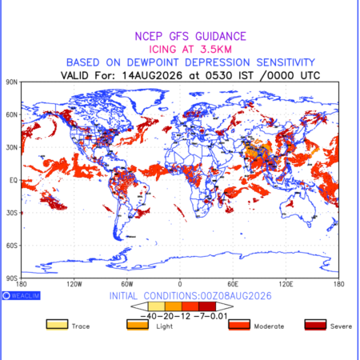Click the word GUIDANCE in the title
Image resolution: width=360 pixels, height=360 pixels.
[x=221, y=37]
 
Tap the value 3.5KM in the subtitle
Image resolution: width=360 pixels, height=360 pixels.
[x=216, y=50]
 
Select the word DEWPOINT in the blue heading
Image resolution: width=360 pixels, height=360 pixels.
[x=153, y=62]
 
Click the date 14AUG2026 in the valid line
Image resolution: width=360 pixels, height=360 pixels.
[x=152, y=75]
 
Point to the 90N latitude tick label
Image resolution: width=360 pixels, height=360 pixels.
[x=12, y=82]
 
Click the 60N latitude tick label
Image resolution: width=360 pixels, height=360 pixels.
[x=12, y=114]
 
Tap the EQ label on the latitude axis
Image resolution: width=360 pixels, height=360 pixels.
[x=14, y=180]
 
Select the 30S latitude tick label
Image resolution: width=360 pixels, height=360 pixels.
[x=12, y=213]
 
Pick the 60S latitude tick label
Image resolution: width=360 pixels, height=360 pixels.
[x=12, y=246]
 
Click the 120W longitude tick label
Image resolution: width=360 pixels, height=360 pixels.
[x=74, y=284]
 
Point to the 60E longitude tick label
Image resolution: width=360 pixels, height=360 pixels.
[x=233, y=284]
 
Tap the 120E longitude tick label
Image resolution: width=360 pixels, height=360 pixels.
[x=286, y=284]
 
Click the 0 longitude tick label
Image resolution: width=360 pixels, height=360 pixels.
[x=180, y=284]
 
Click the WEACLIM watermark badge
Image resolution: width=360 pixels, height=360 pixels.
[x=22, y=295]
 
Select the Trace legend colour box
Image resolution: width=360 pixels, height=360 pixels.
[x=57, y=325]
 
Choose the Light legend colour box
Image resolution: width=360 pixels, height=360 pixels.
[x=138, y=325]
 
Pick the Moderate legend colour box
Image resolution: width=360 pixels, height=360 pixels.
[x=239, y=325]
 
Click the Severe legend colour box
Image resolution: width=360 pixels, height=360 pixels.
[x=315, y=325]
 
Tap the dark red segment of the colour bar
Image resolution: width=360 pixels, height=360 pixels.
[x=207, y=306]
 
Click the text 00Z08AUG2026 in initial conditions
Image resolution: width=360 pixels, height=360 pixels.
[x=236, y=296]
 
